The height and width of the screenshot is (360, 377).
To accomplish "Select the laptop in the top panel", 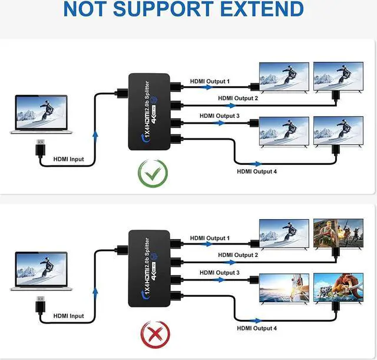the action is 41,115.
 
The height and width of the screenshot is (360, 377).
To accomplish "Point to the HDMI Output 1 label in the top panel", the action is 209,81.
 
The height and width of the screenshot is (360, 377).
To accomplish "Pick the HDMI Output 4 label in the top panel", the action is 256,171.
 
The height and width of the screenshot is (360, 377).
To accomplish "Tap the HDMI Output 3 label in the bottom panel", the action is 219,273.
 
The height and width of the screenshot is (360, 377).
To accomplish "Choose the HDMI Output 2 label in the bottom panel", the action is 238,255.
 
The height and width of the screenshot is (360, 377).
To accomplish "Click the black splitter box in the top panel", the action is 149,113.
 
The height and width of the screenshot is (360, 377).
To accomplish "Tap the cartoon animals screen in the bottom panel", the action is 338,288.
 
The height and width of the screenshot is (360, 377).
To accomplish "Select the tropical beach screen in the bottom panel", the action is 285,288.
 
